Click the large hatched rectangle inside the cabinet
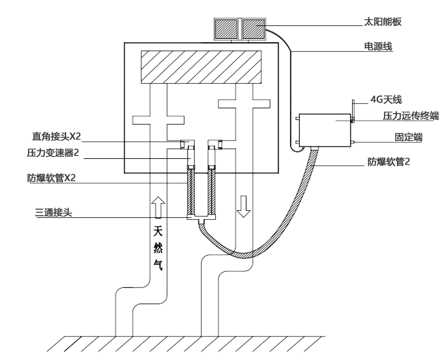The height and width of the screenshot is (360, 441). [x=200, y=67]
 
